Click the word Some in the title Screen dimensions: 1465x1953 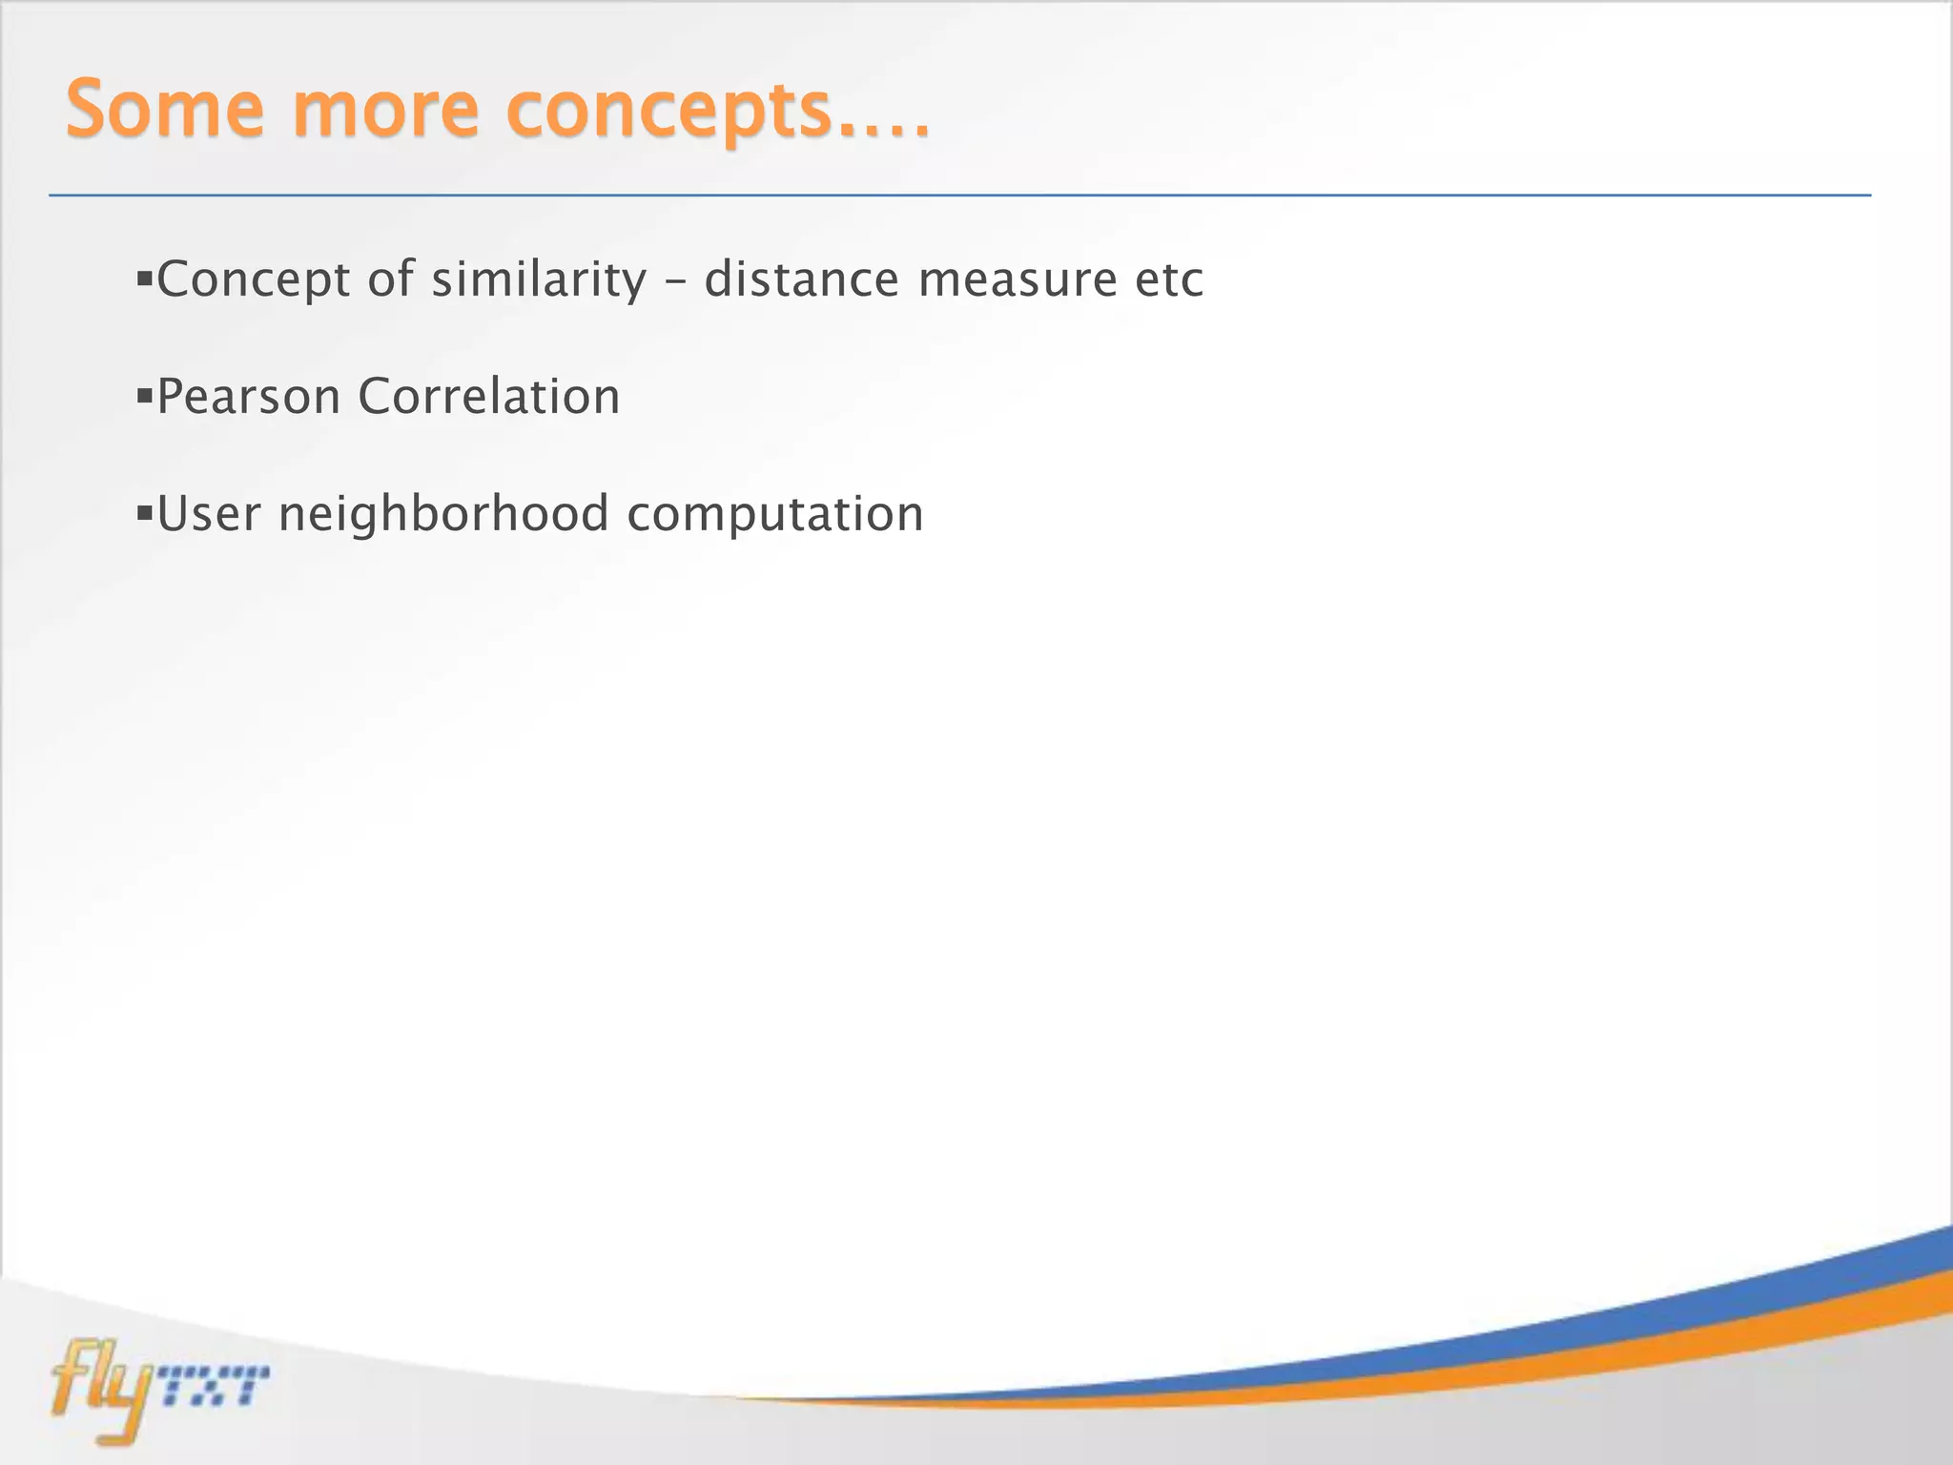pos(164,110)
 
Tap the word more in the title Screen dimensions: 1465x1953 pos(385,110)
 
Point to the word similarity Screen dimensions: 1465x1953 pos(539,280)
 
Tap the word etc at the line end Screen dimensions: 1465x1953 pos(1169,280)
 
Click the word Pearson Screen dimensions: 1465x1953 pos(248,397)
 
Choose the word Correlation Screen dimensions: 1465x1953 pos(489,397)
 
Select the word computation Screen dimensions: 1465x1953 pos(775,514)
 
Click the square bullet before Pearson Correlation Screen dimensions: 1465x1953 pos(145,395)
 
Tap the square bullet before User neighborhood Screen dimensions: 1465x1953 pos(145,514)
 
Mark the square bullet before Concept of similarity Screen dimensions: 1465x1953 pos(145,279)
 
